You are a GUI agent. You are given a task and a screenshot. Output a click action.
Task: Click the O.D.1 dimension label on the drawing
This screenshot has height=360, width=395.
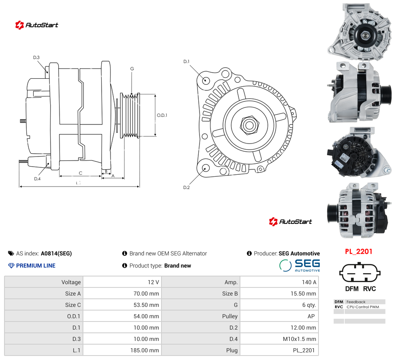point(162,115)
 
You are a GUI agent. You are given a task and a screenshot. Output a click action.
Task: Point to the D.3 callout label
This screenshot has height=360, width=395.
point(36,58)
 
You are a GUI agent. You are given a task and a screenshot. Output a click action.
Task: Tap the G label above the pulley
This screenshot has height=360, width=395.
point(132,69)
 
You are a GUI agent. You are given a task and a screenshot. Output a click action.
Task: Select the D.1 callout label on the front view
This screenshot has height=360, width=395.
point(187,62)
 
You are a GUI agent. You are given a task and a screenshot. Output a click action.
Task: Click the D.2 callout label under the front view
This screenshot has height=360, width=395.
point(187,187)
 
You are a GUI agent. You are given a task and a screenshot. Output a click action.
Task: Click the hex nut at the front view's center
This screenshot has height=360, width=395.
point(250,125)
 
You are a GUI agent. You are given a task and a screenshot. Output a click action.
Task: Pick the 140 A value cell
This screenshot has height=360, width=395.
point(279,282)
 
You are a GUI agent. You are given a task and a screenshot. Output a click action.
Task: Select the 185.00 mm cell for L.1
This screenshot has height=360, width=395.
point(123,350)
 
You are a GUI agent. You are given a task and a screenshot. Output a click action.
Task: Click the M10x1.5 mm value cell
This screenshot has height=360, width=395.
point(279,339)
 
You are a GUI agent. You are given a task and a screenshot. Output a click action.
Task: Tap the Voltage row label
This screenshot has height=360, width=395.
point(71,282)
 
